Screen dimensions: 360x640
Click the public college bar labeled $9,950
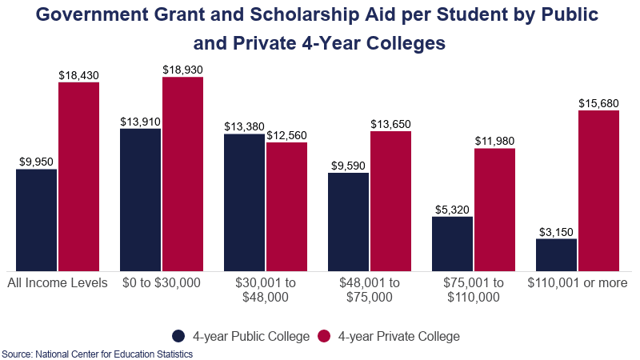pyautogui.click(x=36, y=220)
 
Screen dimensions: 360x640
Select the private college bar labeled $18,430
pyautogui.click(x=78, y=176)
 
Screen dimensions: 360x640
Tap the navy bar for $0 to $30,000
pyautogui.click(x=140, y=199)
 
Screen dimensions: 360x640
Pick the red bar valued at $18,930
pyautogui.click(x=182, y=174)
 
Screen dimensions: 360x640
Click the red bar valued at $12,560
pyautogui.click(x=286, y=206)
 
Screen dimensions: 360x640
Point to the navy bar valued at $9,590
pyautogui.click(x=348, y=222)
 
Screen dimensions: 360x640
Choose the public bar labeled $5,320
pyautogui.click(x=452, y=243)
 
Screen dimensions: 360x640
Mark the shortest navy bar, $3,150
pyautogui.click(x=556, y=254)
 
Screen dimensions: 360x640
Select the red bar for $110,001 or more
pyautogui.click(x=598, y=190)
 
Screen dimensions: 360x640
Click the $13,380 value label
pyautogui.click(x=244, y=126)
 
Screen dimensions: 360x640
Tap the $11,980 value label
pyautogui.click(x=494, y=142)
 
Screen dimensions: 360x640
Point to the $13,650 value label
pyautogui.click(x=390, y=124)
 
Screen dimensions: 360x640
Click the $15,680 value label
pyautogui.click(x=598, y=103)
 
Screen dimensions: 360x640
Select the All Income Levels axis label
pyautogui.click(x=57, y=283)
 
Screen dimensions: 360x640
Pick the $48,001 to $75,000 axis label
pyautogui.click(x=370, y=290)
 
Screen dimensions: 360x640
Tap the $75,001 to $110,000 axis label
pyautogui.click(x=474, y=290)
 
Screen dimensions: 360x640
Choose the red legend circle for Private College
pyautogui.click(x=326, y=336)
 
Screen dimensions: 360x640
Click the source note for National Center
pyautogui.click(x=97, y=354)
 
